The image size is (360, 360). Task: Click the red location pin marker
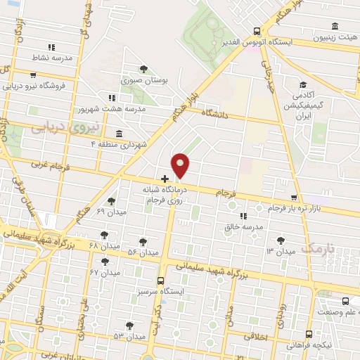181,166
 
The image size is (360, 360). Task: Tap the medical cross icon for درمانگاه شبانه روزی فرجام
165,179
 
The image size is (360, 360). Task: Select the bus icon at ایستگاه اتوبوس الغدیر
257,32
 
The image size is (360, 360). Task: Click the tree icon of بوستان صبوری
143,69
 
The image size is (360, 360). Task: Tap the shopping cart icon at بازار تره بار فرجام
294,198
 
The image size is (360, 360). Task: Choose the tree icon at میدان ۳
283,240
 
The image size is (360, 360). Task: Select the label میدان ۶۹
110,211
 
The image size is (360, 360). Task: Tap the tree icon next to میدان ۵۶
143,240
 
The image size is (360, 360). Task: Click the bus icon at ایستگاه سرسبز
160,279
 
